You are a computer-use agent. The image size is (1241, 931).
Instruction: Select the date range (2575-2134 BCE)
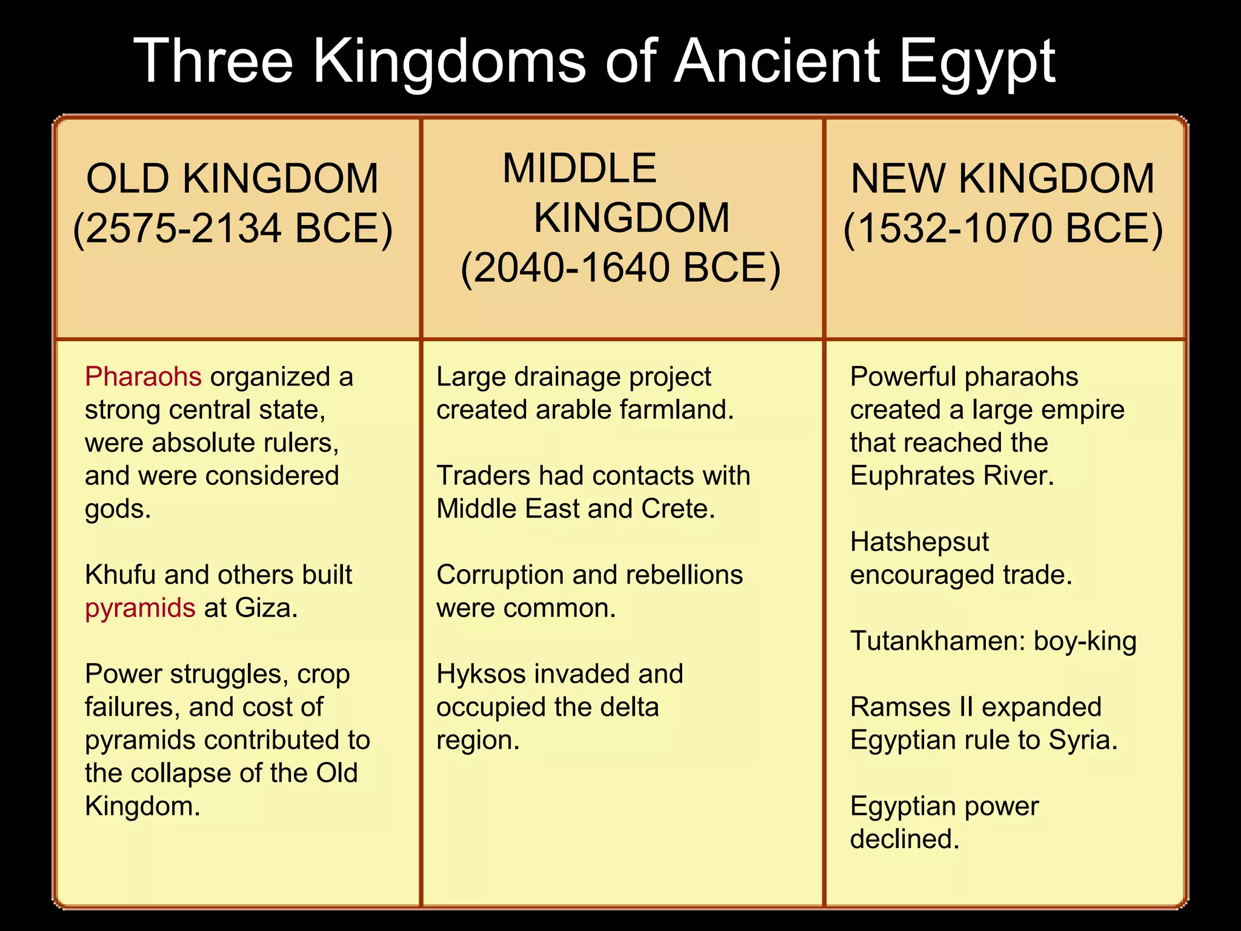233,229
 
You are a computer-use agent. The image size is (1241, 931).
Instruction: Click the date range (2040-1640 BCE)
620,268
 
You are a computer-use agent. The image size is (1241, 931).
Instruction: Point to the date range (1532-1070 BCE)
1003,229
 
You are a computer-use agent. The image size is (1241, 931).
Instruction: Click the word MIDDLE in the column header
579,169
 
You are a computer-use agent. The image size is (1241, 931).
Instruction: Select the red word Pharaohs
143,377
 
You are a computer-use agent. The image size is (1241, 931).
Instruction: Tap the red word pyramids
140,608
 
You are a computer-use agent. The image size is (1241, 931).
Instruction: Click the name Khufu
120,575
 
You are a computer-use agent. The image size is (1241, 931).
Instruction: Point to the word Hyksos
479,674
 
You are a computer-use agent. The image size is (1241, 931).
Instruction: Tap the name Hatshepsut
919,542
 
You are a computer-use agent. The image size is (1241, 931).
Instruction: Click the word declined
904,839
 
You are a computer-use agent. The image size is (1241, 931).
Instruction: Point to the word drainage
567,377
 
